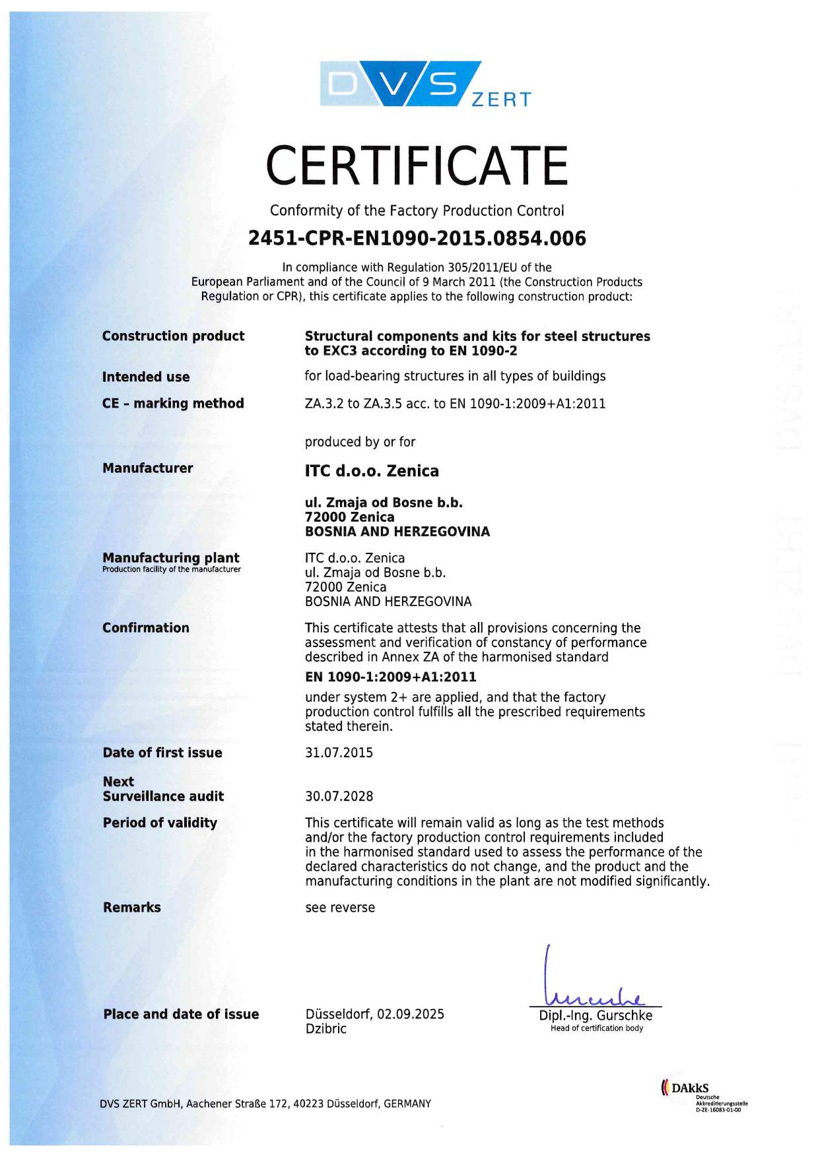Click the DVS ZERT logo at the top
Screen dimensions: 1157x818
tap(425, 84)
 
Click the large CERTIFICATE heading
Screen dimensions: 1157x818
tap(417, 166)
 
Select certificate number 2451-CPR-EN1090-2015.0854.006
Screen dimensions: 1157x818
tap(417, 238)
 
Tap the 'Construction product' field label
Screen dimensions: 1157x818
tap(173, 336)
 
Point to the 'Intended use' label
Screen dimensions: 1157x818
tap(146, 377)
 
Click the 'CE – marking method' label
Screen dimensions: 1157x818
tap(173, 403)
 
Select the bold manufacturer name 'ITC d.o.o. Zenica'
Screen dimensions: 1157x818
tap(372, 471)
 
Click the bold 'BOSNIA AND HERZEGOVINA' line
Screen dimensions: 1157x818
tap(397, 532)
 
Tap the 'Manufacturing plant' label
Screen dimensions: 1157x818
tap(171, 557)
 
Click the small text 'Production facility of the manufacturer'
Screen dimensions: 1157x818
tap(172, 569)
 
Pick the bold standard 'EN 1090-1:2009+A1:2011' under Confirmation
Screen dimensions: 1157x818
tap(391, 677)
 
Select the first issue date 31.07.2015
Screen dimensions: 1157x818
tap(339, 753)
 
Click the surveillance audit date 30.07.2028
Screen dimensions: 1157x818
tap(339, 796)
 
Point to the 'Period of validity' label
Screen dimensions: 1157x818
tap(160, 823)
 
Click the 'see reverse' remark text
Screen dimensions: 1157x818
tap(340, 908)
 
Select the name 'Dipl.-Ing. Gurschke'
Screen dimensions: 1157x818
tap(596, 1015)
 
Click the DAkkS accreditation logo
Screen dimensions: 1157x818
tap(703, 1096)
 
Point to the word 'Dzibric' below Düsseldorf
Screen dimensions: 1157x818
tap(326, 1028)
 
